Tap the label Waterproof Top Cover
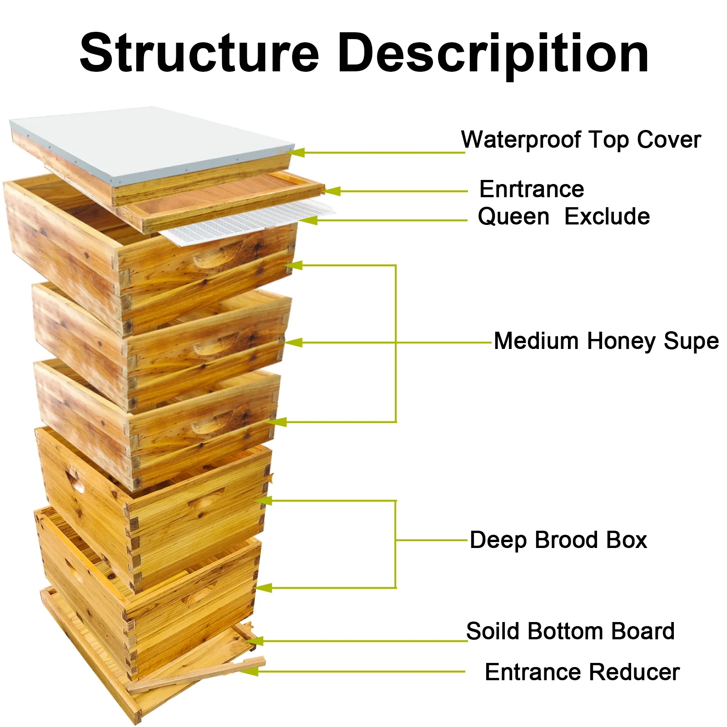pyautogui.click(x=581, y=139)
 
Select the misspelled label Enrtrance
pyautogui.click(x=532, y=189)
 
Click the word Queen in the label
pyautogui.click(x=513, y=216)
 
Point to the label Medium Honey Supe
pyautogui.click(x=606, y=341)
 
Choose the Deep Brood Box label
pyautogui.click(x=558, y=540)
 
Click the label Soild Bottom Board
pyautogui.click(x=570, y=631)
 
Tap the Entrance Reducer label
pyautogui.click(x=582, y=672)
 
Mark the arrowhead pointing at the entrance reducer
pyautogui.click(x=249, y=671)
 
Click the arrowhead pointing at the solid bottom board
pyautogui.click(x=254, y=641)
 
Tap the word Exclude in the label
pyautogui.click(x=607, y=216)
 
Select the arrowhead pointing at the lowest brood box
pyautogui.click(x=264, y=588)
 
